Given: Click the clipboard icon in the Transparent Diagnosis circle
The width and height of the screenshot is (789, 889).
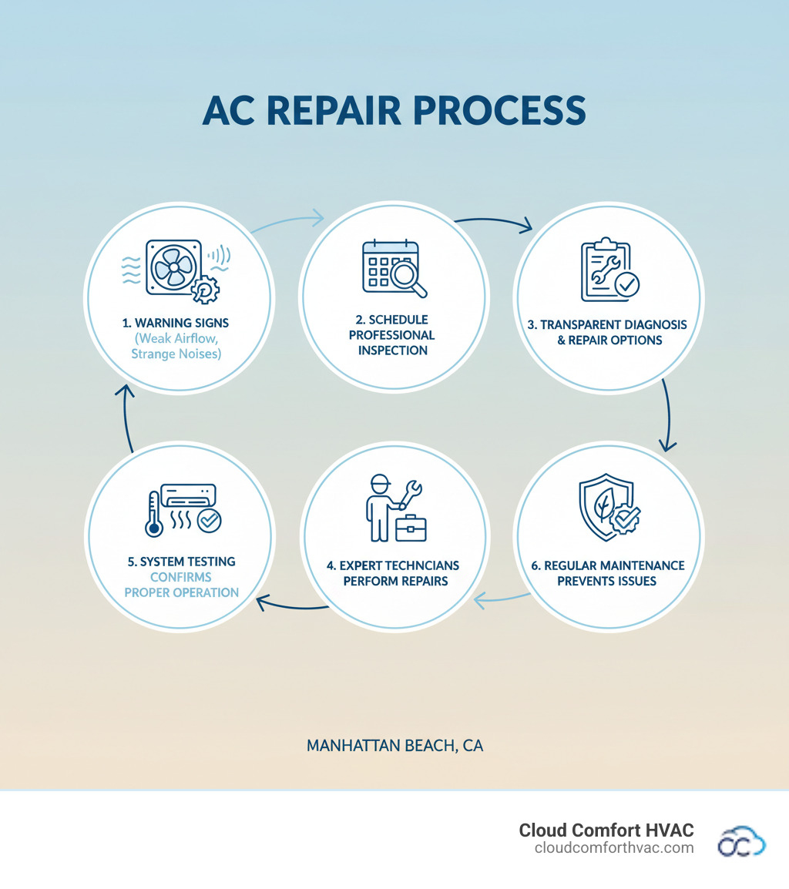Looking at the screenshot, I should click(x=606, y=270).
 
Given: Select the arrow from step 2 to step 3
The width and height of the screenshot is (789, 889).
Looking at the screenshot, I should click(x=493, y=223).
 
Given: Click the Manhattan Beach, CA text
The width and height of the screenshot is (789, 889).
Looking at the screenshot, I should click(x=394, y=746).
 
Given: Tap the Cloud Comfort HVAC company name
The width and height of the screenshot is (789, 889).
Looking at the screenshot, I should click(x=606, y=830).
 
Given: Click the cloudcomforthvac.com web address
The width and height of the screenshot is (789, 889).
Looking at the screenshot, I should click(x=614, y=848).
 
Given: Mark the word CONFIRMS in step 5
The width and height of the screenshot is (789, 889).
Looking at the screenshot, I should click(x=181, y=577).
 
